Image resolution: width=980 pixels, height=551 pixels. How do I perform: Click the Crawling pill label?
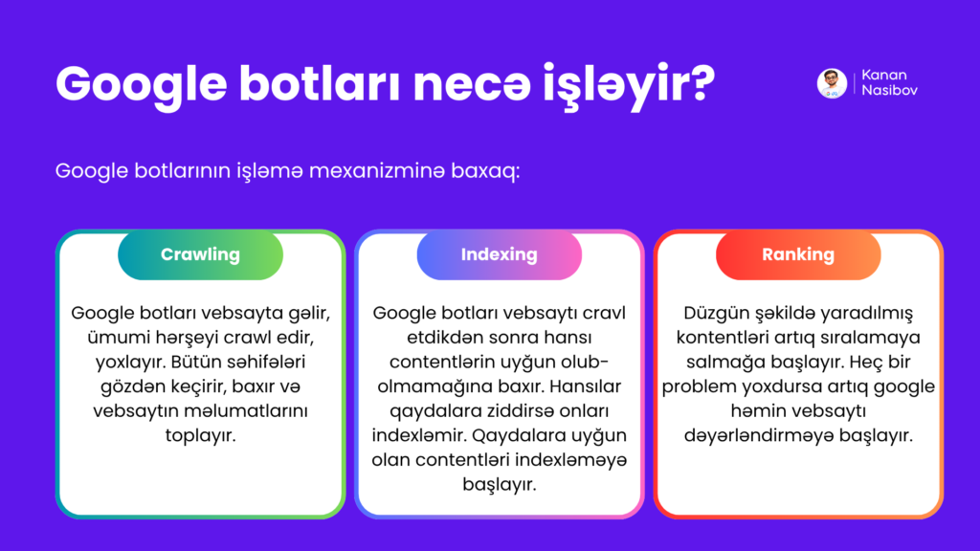(x=200, y=255)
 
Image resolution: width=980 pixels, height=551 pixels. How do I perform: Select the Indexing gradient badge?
(x=499, y=255)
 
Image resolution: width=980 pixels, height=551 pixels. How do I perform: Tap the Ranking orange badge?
(x=798, y=255)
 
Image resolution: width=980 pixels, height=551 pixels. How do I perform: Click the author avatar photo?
(x=832, y=83)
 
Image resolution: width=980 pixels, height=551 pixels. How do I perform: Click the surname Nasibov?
(x=889, y=92)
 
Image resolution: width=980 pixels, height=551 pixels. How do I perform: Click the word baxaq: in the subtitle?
(x=487, y=172)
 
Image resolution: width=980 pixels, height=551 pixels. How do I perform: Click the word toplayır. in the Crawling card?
(x=200, y=435)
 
